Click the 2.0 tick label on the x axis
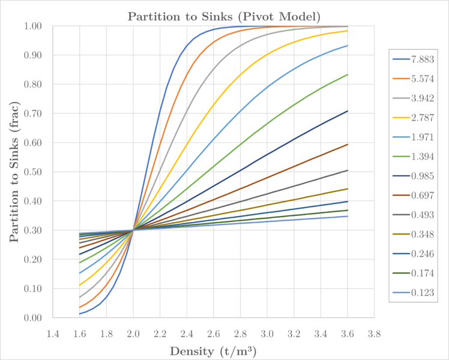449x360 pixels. point(133,332)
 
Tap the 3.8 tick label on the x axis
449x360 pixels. point(375,332)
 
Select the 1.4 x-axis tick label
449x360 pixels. point(53,332)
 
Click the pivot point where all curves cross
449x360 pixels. point(133,230)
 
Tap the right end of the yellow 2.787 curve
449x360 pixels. point(348,31)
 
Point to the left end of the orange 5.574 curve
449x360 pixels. point(80,308)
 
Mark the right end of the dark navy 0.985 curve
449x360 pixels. point(348,111)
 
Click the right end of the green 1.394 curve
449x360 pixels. point(348,74)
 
